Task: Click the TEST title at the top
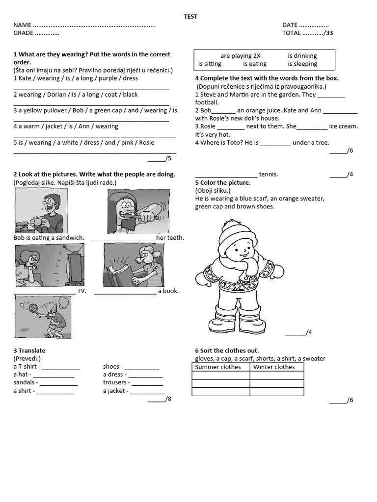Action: tap(190, 17)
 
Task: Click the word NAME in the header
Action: tap(22, 25)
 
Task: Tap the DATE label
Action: tap(290, 25)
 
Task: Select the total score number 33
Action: tap(329, 33)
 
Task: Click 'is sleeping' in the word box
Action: tap(302, 64)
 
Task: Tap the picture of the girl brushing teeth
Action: tap(138, 211)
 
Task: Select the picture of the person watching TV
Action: tap(49, 265)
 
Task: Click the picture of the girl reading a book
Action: tap(134, 265)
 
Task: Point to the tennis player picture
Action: tap(43, 317)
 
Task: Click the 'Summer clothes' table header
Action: tap(218, 367)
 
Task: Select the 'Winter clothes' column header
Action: tap(274, 367)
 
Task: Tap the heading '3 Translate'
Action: tap(29, 351)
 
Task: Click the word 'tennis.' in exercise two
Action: tap(268, 174)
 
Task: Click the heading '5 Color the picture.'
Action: tap(223, 182)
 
